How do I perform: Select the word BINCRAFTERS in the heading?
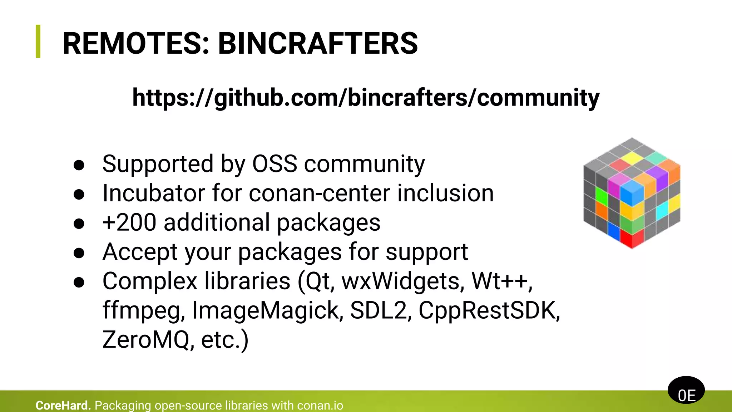click(x=318, y=43)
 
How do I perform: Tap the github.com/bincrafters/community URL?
click(x=366, y=98)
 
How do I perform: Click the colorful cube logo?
click(x=632, y=193)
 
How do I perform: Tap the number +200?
click(x=129, y=222)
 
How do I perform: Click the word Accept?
click(x=140, y=252)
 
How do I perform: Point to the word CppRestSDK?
click(x=489, y=310)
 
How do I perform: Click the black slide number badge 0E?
click(x=686, y=390)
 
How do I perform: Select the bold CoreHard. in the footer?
click(x=63, y=406)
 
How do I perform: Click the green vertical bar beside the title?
click(x=38, y=41)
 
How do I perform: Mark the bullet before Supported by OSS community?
click(x=79, y=165)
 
